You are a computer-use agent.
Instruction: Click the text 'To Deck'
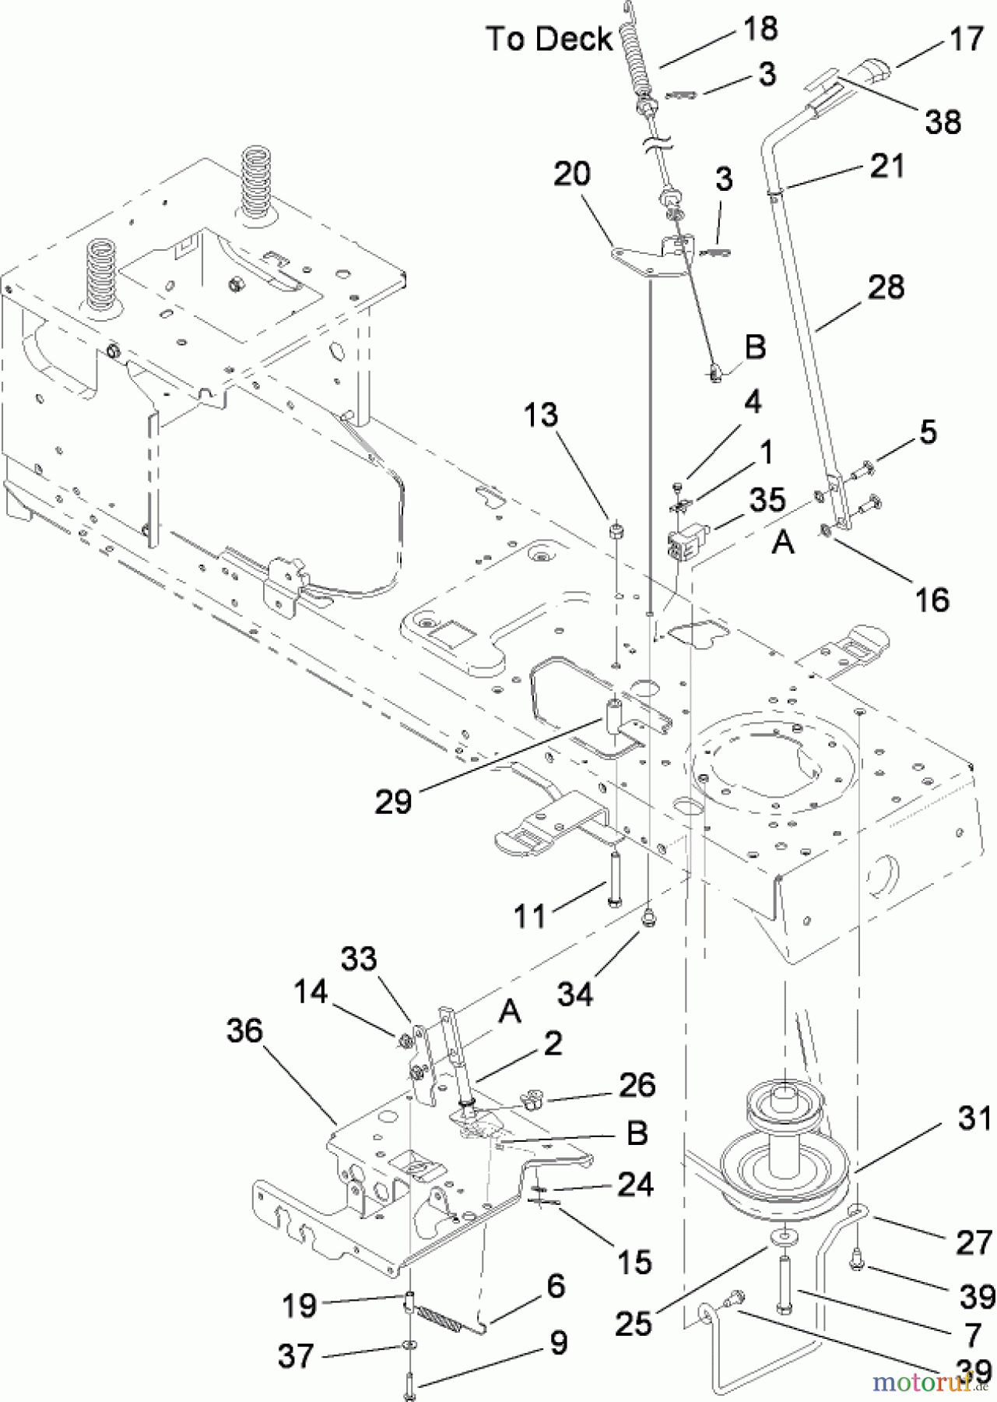click(549, 38)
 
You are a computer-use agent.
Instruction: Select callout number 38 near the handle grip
click(943, 122)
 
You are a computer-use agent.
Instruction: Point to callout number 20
click(572, 174)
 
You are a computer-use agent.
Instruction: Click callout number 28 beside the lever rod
click(886, 287)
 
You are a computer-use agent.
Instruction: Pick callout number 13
click(541, 415)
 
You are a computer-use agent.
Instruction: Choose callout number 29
click(393, 801)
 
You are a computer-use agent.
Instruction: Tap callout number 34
click(575, 993)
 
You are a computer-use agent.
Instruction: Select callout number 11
click(530, 916)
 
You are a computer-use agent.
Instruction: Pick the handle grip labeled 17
click(866, 74)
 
